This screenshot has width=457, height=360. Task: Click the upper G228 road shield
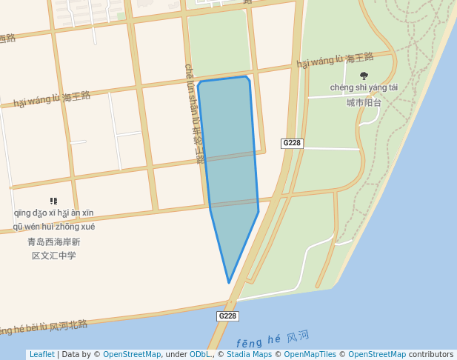292,143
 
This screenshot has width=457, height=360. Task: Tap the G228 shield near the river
227,316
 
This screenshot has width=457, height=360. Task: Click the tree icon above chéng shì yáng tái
364,76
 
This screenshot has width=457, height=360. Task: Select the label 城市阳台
364,102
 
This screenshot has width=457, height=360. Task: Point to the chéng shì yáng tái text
364,87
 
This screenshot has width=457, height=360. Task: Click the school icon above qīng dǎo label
53,201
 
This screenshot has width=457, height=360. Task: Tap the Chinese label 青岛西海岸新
53,241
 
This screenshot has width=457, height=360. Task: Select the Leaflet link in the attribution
41,354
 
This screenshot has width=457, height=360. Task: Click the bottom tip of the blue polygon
229,282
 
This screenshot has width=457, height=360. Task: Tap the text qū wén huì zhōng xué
53,227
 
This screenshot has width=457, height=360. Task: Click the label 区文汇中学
53,256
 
